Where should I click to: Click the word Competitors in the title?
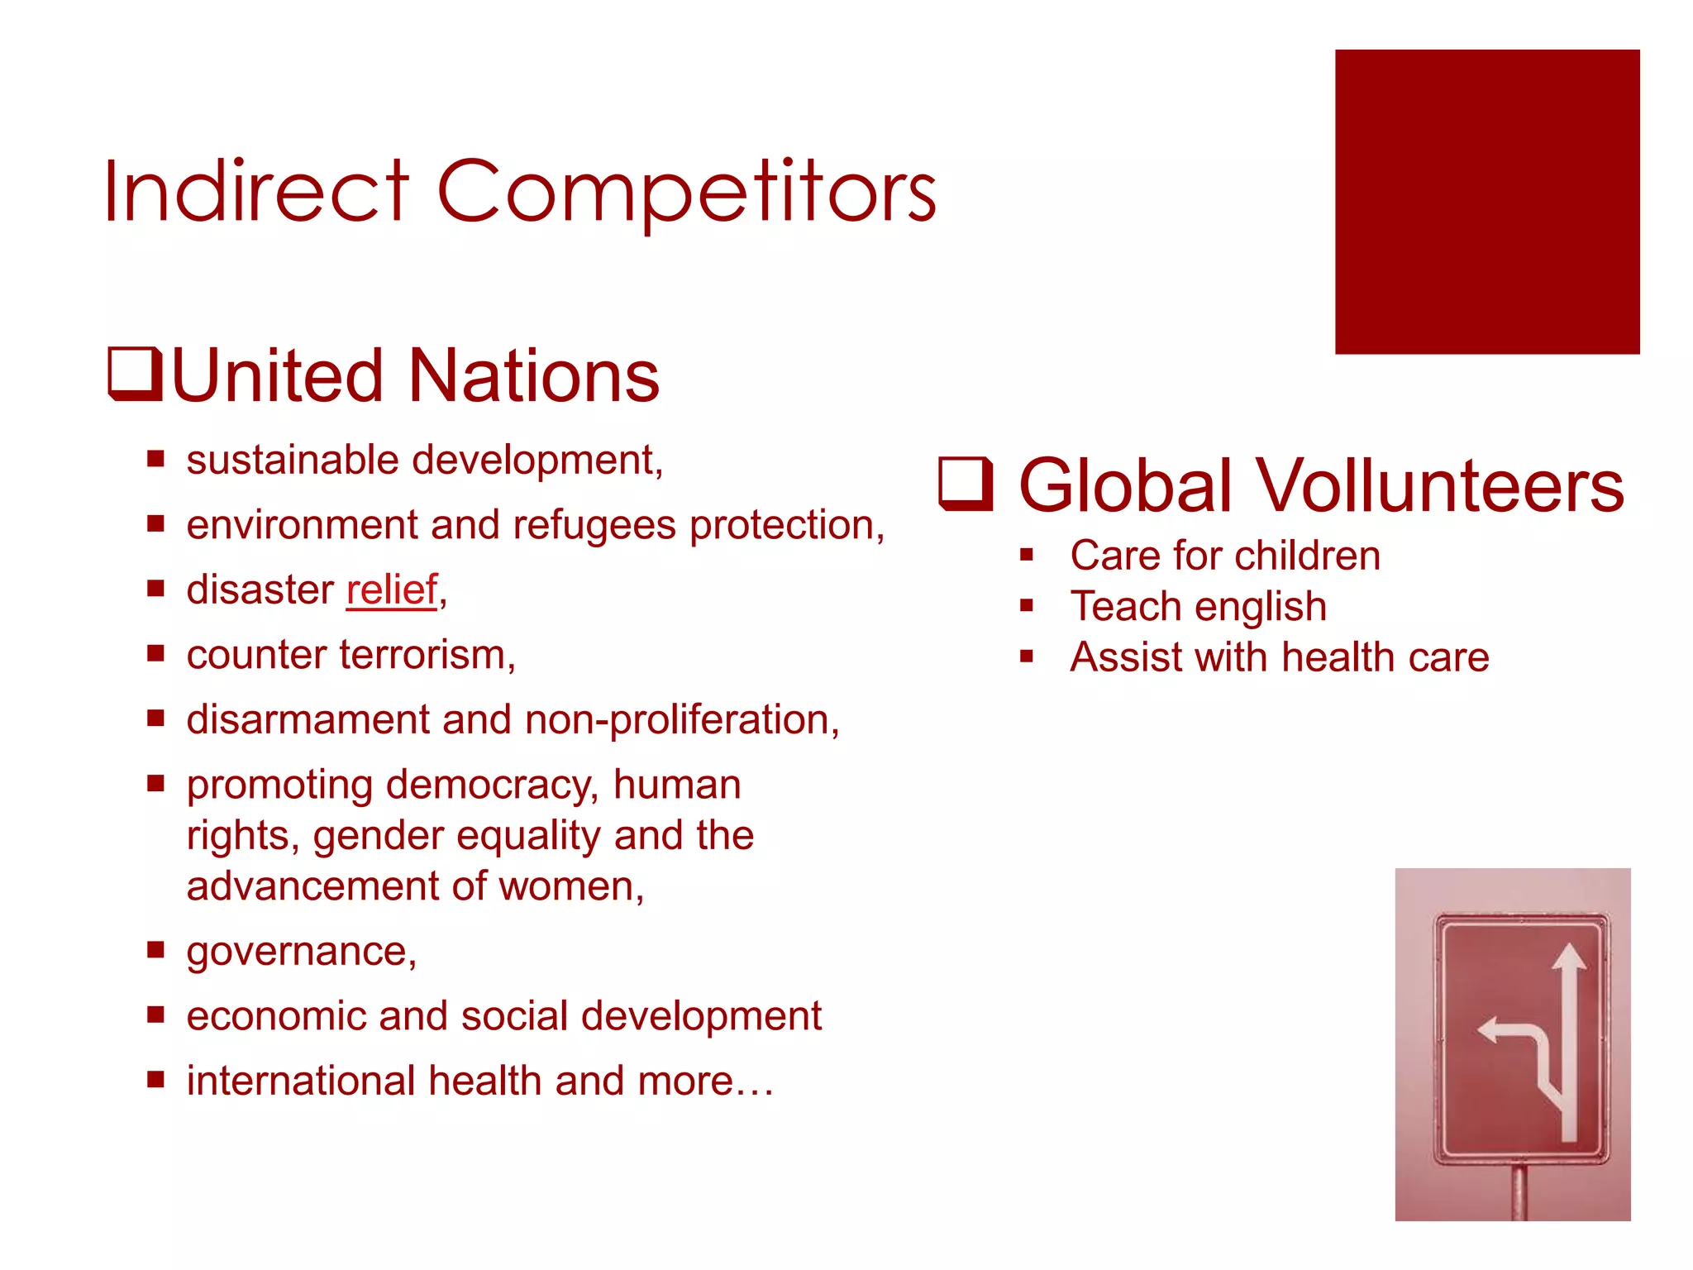[x=686, y=192]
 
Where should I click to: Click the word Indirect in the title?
[x=256, y=192]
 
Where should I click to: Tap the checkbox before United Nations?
[x=136, y=375]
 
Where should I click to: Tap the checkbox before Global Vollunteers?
[x=966, y=484]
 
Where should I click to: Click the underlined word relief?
[x=391, y=590]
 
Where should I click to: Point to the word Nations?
[x=534, y=376]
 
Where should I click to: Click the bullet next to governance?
[x=156, y=949]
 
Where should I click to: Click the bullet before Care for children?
[x=1027, y=555]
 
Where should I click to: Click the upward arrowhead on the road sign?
[x=1568, y=958]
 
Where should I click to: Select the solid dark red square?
[x=1486, y=202]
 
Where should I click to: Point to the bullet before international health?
[x=156, y=1079]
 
